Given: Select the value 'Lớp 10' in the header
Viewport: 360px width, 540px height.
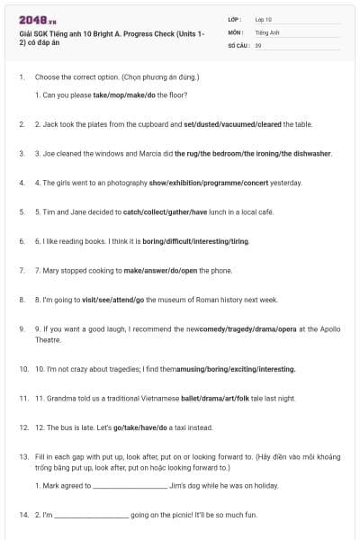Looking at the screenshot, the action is pyautogui.click(x=263, y=18).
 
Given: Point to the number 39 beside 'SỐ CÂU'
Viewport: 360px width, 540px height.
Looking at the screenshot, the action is pyautogui.click(x=258, y=44).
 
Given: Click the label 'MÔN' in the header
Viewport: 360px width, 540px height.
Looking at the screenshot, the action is pyautogui.click(x=236, y=31).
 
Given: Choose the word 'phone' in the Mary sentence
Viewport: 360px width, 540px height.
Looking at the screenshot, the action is pyautogui.click(x=222, y=270).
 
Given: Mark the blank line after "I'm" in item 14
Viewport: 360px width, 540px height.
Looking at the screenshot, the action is pyautogui.click(x=92, y=515).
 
